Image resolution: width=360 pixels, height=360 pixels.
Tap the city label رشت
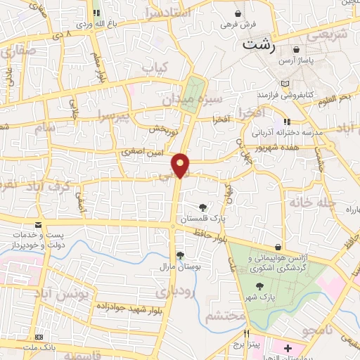pyautogui.click(x=260, y=44)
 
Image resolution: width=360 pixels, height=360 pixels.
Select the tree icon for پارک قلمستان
pyautogui.click(x=203, y=207)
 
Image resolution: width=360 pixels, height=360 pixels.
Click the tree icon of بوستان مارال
pyautogui.click(x=180, y=255)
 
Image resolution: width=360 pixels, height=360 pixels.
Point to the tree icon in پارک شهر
pyautogui.click(x=261, y=286)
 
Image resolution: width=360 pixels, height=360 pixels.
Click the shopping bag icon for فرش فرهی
pyautogui.click(x=240, y=13)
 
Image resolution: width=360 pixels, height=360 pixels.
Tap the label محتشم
pyautogui.click(x=225, y=317)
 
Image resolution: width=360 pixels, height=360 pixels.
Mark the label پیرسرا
pyautogui.click(x=115, y=115)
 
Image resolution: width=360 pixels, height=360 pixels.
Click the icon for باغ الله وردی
pyautogui.click(x=96, y=13)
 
